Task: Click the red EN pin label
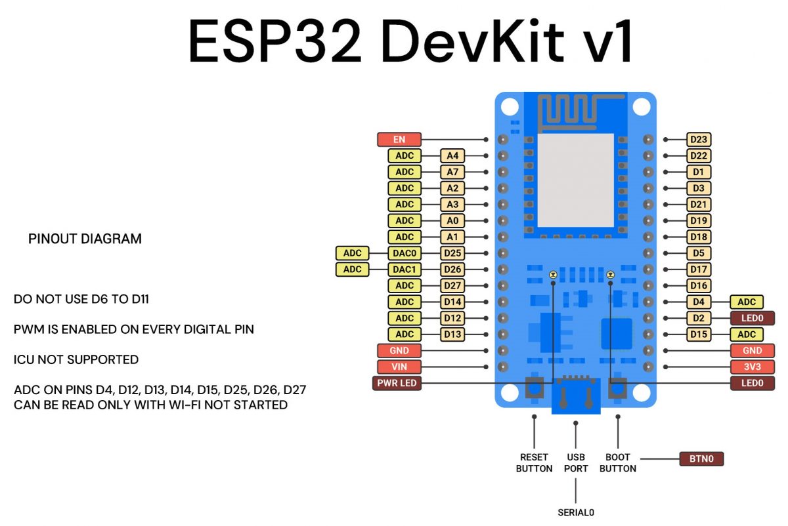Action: tap(399, 140)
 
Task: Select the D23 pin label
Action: tap(699, 140)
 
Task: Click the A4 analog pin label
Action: tap(452, 156)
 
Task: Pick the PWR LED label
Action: tap(397, 383)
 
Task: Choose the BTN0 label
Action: tap(701, 459)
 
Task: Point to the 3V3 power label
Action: tap(752, 367)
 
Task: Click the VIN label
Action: tap(399, 367)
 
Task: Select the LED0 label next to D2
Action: tap(752, 318)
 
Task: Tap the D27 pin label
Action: tap(452, 286)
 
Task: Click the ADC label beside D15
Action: tap(747, 334)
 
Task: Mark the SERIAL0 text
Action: tap(575, 513)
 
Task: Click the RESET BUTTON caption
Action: tap(534, 463)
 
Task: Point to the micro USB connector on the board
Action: tap(576, 396)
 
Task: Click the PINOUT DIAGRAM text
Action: tap(85, 239)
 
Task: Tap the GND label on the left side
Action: tap(399, 351)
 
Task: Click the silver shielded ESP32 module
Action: tap(576, 180)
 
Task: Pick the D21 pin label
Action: tap(699, 205)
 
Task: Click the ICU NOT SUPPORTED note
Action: tap(76, 360)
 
